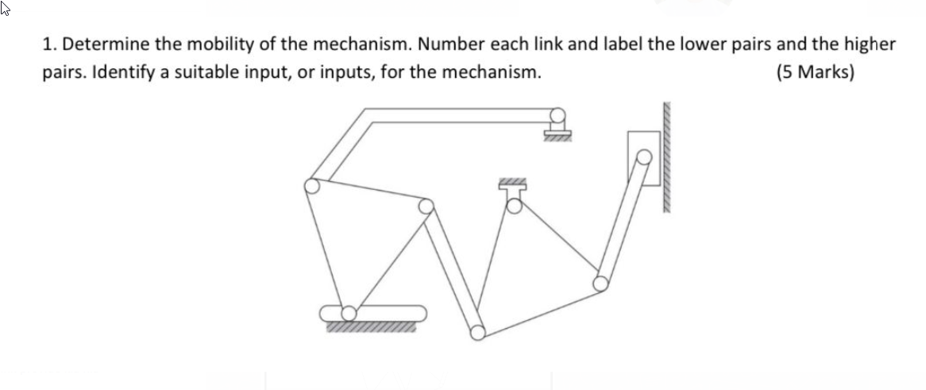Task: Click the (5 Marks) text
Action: click(815, 73)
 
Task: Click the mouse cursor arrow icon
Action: click(7, 10)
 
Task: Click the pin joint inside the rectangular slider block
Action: click(645, 156)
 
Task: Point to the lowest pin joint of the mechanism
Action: click(477, 332)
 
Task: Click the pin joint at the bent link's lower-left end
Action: click(312, 186)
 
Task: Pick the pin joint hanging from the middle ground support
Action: click(514, 206)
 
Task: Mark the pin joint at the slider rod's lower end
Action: click(601, 282)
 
